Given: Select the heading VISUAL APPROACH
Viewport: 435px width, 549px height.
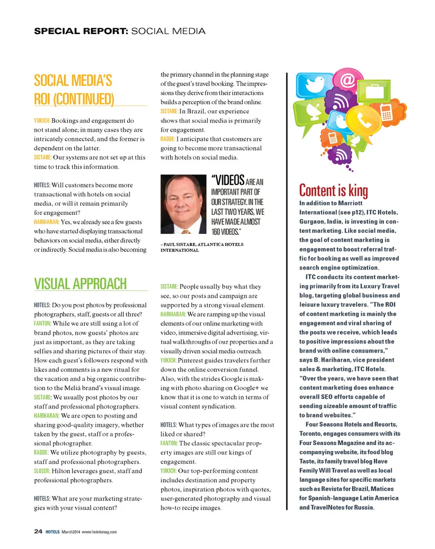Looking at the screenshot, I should coord(80,284).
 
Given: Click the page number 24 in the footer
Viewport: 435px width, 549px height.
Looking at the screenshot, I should coord(39,531).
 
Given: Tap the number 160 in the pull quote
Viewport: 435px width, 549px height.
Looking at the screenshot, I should coord(217,232).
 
